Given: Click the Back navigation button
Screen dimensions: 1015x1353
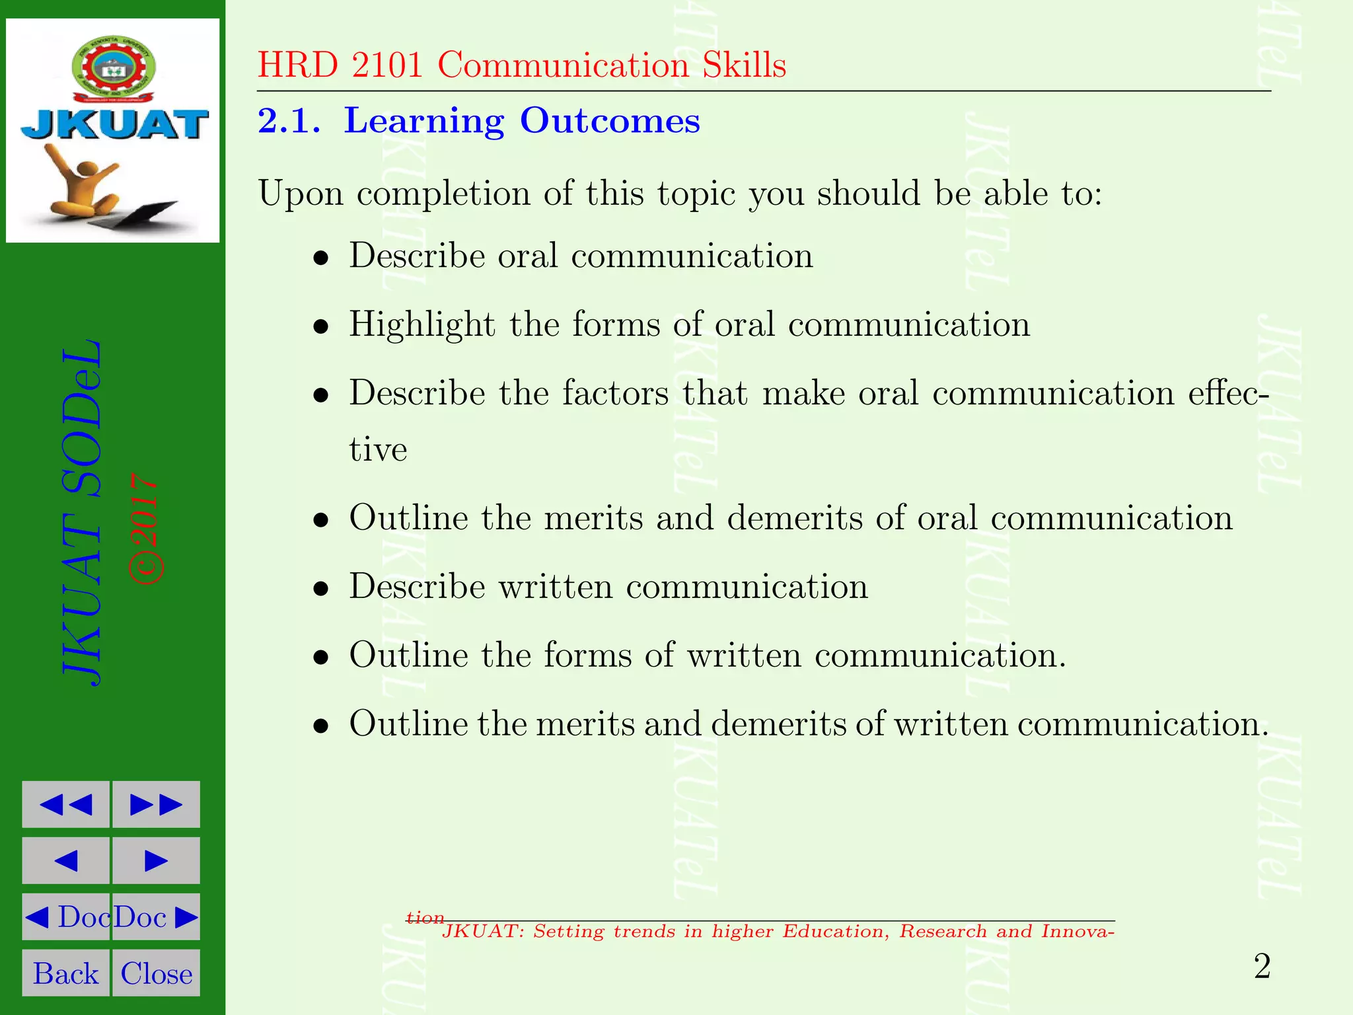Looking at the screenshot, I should (x=65, y=973).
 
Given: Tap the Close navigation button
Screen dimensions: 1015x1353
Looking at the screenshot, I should (x=157, y=973).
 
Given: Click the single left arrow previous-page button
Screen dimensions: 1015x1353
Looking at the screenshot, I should (x=65, y=860).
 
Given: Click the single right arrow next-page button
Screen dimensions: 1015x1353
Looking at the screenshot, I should (x=157, y=860).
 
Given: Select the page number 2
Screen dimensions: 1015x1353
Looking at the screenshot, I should (x=1262, y=967).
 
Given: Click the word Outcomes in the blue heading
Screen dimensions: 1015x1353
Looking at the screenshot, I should (x=609, y=121).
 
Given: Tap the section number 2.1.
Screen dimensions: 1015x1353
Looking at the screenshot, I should (x=289, y=121).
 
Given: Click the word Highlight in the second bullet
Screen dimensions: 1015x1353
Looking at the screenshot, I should (x=421, y=324).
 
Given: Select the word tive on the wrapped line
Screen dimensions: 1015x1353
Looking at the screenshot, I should (x=378, y=449).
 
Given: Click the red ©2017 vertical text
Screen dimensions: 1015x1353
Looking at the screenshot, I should (x=145, y=529).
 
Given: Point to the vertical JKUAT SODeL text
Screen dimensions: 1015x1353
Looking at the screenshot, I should (x=83, y=513).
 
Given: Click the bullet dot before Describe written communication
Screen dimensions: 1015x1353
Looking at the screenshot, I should (x=321, y=588).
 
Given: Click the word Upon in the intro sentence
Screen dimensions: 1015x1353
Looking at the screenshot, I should (x=301, y=194).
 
